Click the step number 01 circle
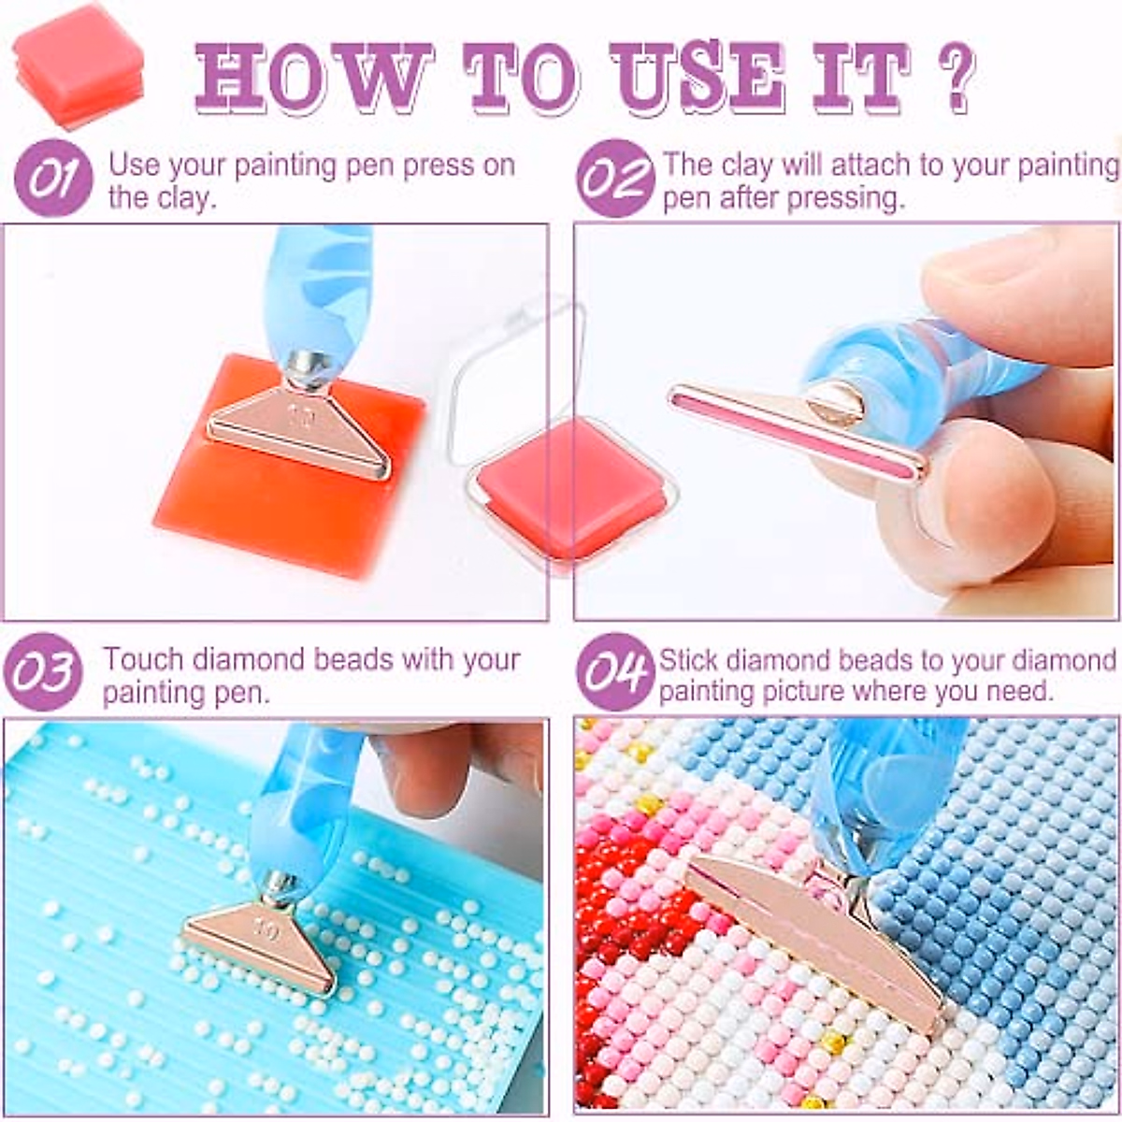[x=52, y=178]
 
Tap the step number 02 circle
[x=613, y=178]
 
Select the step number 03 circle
[x=43, y=671]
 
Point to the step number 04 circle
[x=613, y=671]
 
